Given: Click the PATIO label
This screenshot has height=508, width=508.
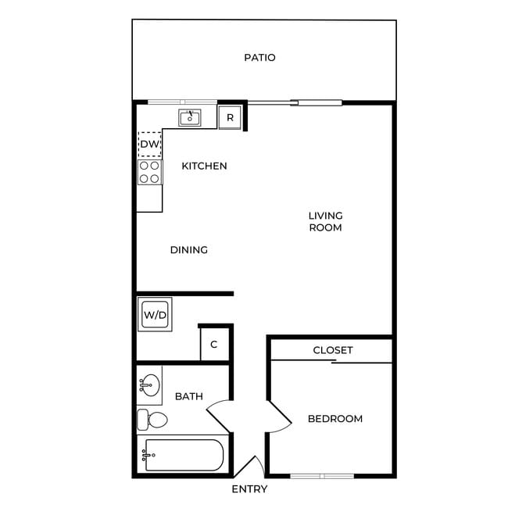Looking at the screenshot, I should click(x=259, y=58).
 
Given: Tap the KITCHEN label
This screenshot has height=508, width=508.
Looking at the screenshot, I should click(x=204, y=166).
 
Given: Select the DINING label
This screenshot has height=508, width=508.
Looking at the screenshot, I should click(x=188, y=250).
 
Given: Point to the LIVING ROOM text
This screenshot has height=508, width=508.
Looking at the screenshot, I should click(x=325, y=221).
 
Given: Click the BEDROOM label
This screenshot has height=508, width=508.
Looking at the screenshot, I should click(x=334, y=419).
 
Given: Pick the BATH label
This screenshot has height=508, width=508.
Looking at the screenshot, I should click(x=188, y=396).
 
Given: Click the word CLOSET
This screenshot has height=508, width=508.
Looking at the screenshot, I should click(x=332, y=350).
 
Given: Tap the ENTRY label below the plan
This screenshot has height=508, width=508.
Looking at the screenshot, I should click(x=249, y=489).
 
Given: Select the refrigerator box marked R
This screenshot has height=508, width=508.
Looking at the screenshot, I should click(x=230, y=118).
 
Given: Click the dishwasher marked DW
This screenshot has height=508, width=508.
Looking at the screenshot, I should click(x=149, y=144).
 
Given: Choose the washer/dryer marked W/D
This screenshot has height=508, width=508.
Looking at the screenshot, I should click(x=155, y=315).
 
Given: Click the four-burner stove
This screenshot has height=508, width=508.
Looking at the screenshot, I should click(x=149, y=172).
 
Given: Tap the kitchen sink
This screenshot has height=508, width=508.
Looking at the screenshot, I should click(x=190, y=118).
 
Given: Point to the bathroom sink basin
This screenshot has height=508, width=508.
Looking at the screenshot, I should click(x=149, y=385).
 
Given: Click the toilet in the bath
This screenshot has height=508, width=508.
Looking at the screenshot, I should click(x=152, y=420).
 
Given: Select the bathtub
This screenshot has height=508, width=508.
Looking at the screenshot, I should click(x=184, y=455).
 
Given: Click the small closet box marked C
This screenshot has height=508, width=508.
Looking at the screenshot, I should click(x=213, y=345).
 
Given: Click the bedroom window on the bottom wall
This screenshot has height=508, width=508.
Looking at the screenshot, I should click(x=321, y=475).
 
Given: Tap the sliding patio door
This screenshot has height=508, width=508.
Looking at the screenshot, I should click(x=294, y=102).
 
